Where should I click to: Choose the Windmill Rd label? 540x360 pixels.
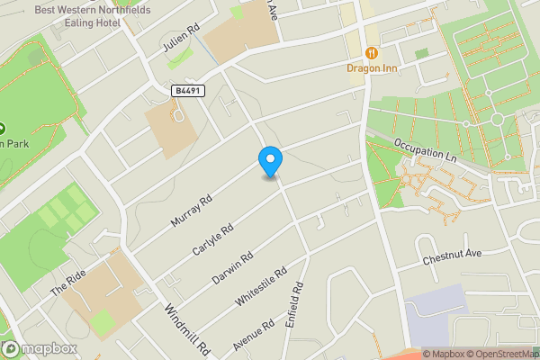[187, 328]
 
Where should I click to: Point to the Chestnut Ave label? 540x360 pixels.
[453, 257]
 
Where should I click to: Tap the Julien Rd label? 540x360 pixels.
[178, 40]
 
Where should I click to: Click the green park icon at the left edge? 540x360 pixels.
[3, 128]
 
